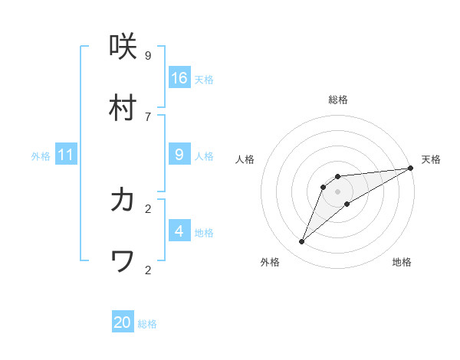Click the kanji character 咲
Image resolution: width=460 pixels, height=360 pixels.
(123, 47)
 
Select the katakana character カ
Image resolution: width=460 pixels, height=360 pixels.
(123, 201)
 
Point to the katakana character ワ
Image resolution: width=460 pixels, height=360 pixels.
(123, 262)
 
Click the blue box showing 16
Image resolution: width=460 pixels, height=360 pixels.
(179, 77)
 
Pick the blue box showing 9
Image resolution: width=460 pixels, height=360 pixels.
(179, 155)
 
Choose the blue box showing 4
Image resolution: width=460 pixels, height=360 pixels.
(179, 231)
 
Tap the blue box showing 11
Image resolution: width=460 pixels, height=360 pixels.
(66, 155)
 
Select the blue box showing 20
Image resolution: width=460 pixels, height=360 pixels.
(123, 322)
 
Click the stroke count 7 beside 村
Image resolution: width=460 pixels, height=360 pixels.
(148, 116)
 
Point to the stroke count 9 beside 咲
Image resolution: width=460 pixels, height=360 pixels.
(148, 55)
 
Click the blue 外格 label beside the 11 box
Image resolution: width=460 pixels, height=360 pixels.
(41, 156)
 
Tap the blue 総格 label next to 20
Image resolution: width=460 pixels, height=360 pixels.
(147, 324)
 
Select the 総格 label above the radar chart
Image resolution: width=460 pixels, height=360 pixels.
(338, 100)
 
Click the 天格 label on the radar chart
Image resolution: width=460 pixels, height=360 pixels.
(431, 159)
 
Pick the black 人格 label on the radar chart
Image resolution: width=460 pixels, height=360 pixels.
(245, 159)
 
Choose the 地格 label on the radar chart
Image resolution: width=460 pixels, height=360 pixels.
(402, 262)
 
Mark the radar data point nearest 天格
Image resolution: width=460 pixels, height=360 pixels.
(410, 168)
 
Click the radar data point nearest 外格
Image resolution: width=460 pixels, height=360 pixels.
(302, 242)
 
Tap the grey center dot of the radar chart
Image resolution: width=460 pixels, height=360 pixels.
(338, 191)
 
